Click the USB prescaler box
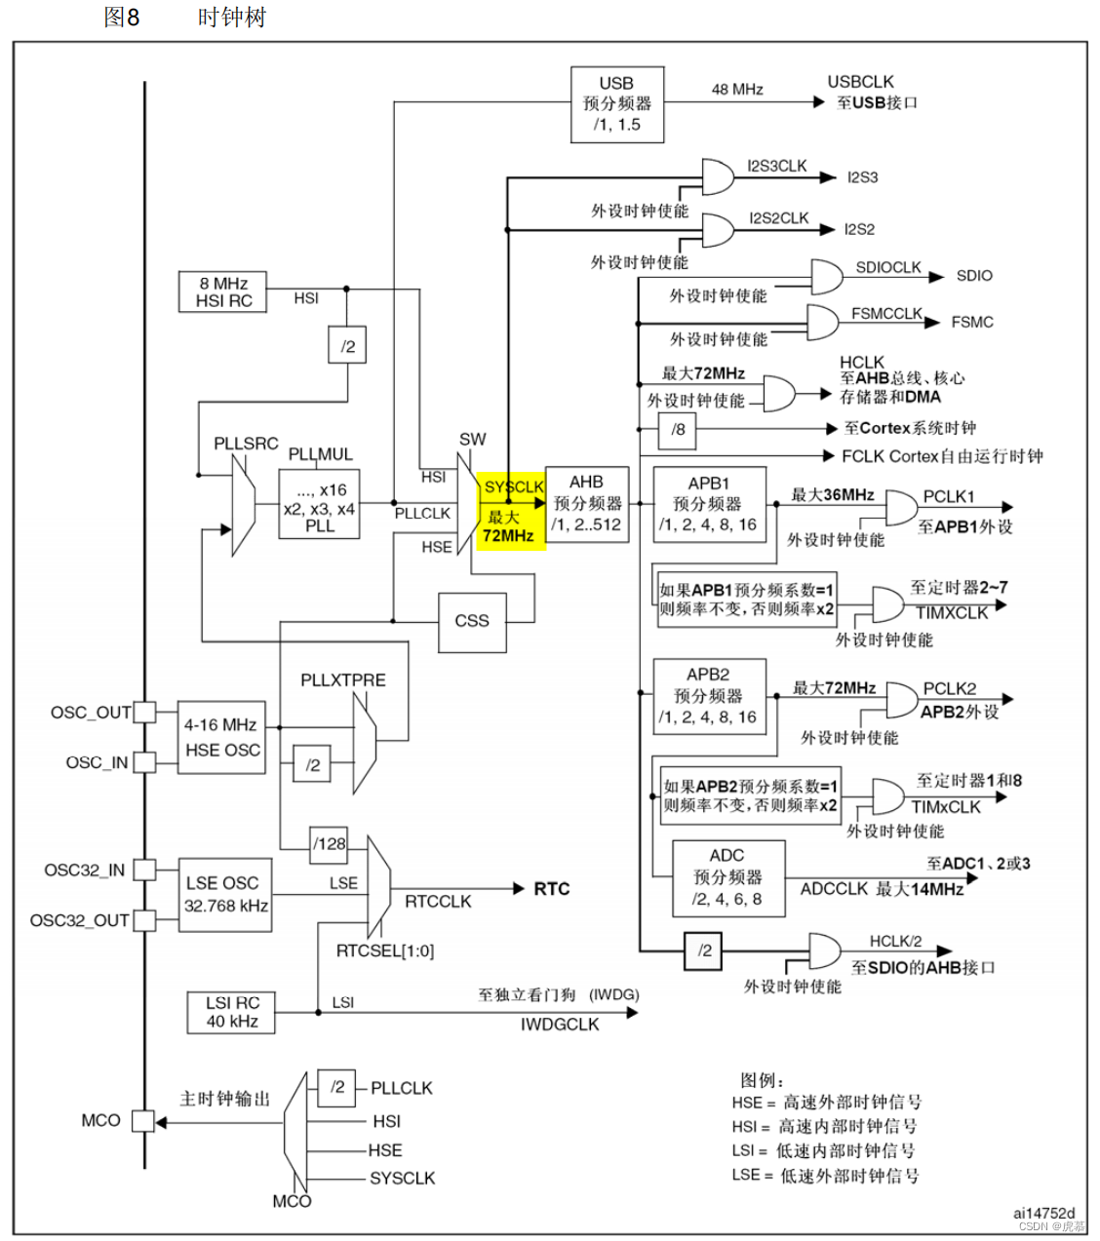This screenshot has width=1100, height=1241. point(616,104)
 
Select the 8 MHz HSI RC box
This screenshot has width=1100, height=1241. point(222,291)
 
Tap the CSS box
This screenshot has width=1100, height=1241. point(472,622)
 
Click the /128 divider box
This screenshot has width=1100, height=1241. point(329,844)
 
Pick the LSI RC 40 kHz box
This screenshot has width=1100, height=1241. point(231,1013)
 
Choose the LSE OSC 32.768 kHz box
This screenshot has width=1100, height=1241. point(225,895)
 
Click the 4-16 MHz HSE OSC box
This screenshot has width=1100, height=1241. point(221,738)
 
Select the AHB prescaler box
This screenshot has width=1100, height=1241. point(586,504)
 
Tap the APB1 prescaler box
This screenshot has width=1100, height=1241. point(710,504)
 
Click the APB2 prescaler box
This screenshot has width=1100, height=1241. point(710,696)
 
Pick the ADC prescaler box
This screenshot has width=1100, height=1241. point(728,878)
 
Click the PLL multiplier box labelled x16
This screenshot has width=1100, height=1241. point(319,504)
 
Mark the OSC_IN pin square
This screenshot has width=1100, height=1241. point(144,762)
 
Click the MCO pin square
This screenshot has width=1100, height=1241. point(143,1121)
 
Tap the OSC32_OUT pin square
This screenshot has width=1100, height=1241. point(144,920)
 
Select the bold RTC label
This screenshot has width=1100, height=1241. point(552,889)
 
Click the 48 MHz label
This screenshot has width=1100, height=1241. point(737,90)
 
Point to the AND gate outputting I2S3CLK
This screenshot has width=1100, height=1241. point(718,177)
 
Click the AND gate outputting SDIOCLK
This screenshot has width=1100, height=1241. point(827,277)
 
